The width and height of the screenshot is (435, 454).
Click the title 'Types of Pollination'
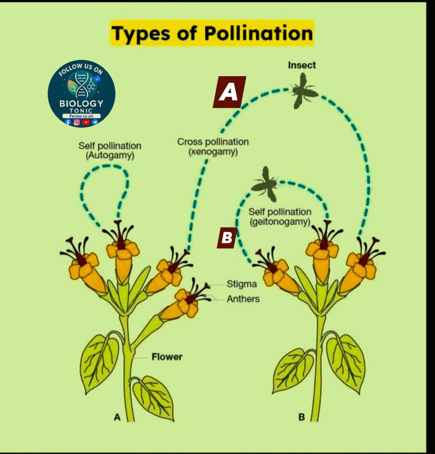[212, 33]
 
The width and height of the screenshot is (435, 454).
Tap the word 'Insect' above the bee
[302, 65]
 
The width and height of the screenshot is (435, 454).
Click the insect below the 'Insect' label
[303, 91]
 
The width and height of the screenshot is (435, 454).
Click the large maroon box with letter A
[230, 92]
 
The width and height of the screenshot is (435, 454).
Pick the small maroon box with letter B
[227, 238]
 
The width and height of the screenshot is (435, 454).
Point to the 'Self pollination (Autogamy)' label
[110, 150]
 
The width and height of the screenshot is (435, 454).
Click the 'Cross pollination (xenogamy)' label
[213, 146]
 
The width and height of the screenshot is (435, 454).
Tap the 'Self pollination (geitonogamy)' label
[280, 217]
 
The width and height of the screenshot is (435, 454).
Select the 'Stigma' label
[242, 284]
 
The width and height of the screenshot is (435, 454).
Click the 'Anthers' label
[243, 299]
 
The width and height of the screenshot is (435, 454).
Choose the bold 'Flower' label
[167, 357]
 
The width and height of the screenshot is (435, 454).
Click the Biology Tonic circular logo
[81, 94]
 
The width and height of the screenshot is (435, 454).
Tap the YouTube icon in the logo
[86, 122]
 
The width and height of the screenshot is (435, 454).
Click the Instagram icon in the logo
[77, 122]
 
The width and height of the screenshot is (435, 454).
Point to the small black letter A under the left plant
[117, 417]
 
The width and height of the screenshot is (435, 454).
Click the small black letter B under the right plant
[301, 417]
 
